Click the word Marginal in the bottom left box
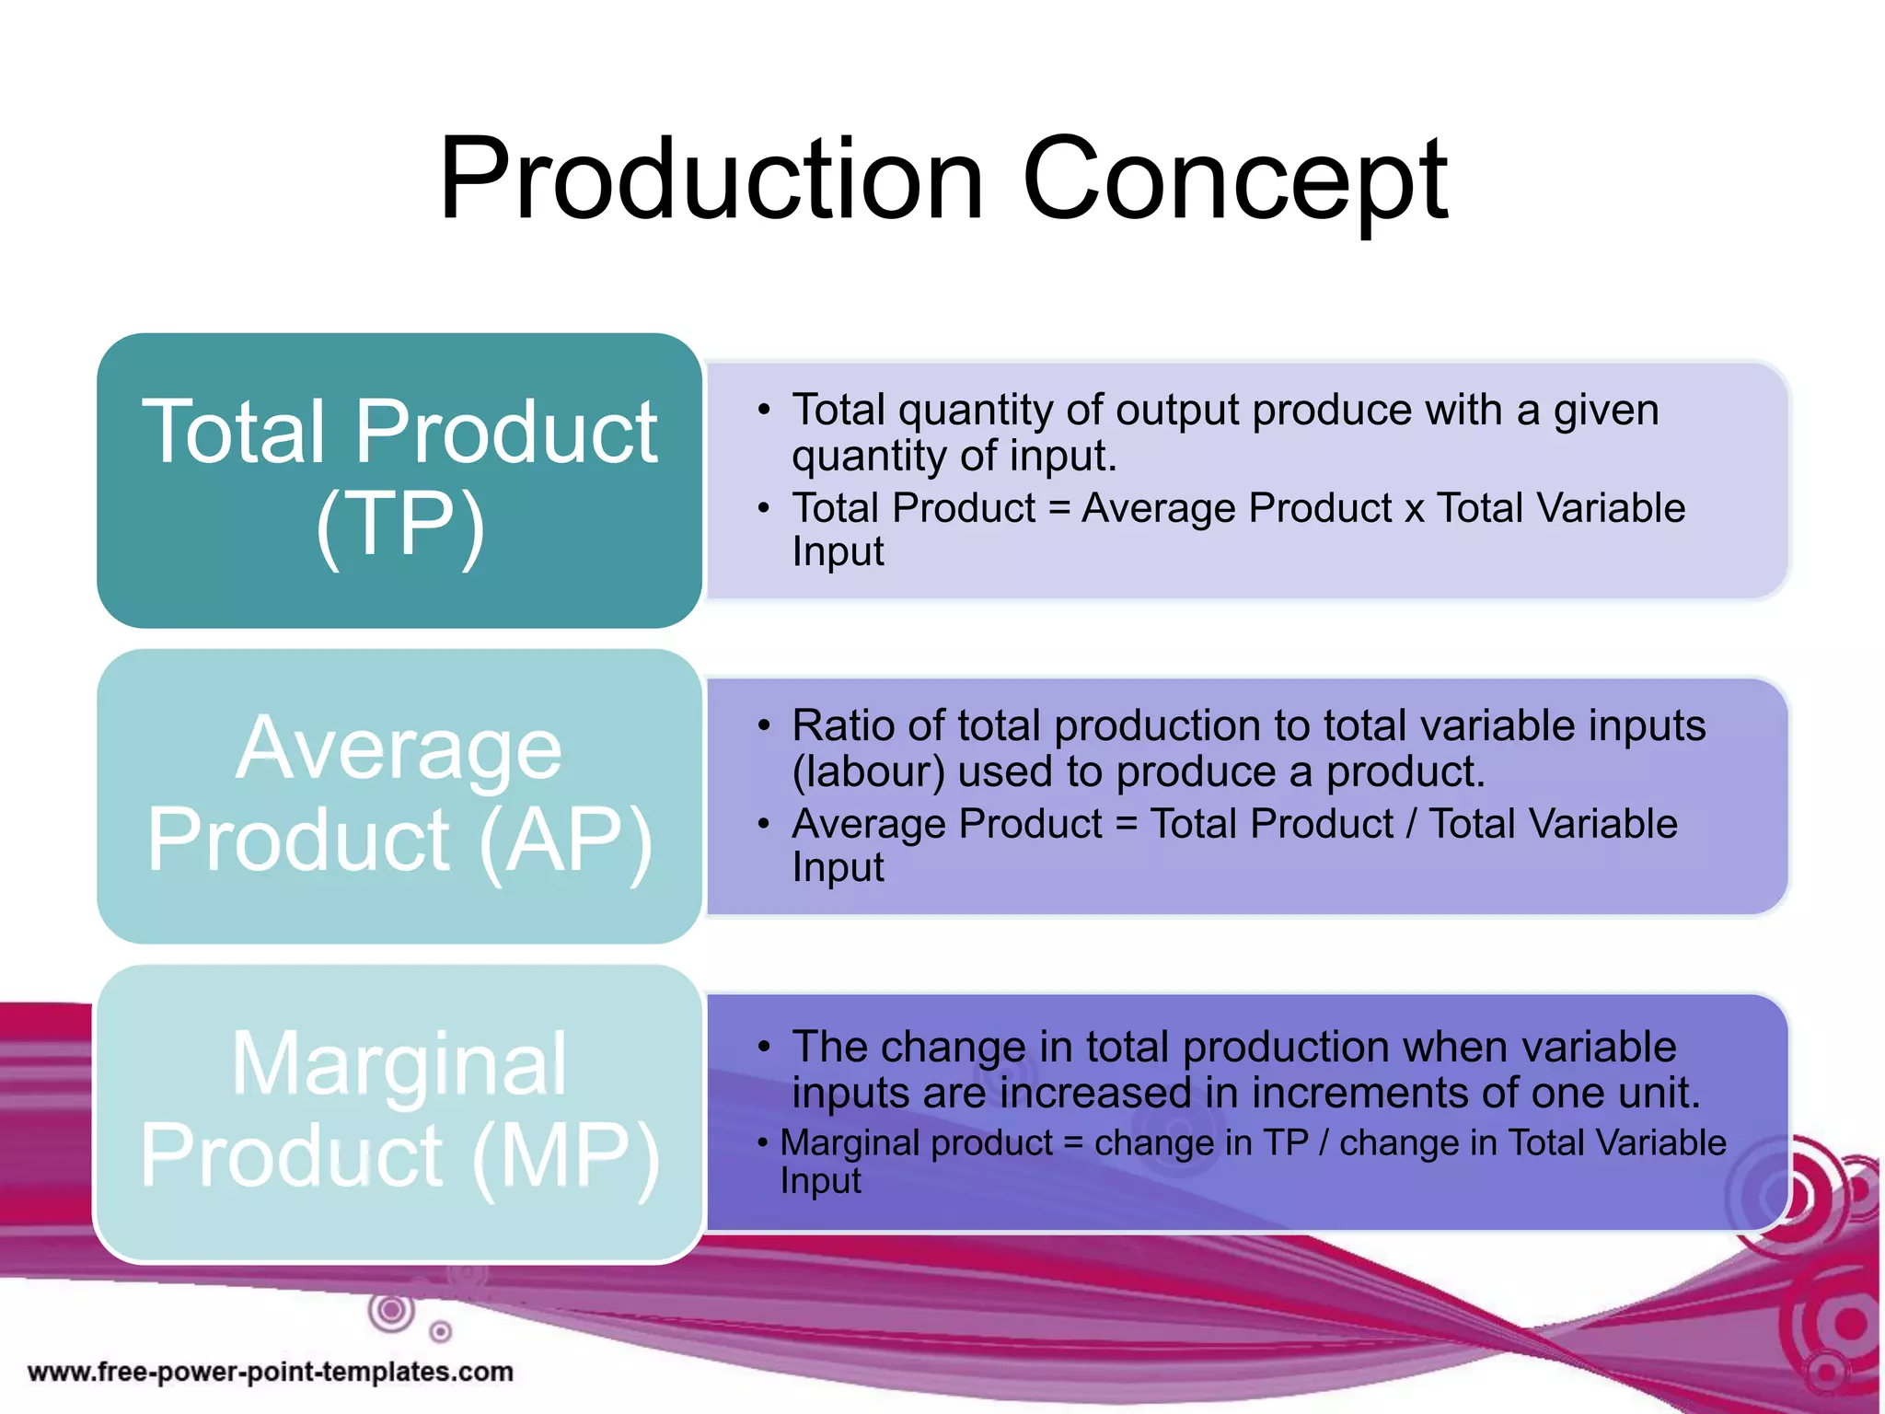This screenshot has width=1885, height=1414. pyautogui.click(x=399, y=1064)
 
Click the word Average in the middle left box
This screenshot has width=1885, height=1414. pyautogui.click(x=399, y=748)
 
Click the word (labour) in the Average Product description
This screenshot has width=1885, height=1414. pyautogui.click(x=868, y=772)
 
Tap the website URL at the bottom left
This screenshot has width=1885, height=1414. pyautogui.click(x=271, y=1372)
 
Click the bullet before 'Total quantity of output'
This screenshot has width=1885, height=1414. pyautogui.click(x=763, y=411)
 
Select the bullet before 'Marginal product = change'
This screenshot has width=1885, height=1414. pyautogui.click(x=762, y=1143)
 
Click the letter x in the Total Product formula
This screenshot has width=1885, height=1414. pyautogui.click(x=1414, y=510)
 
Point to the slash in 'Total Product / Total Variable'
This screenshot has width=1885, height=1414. pyautogui.click(x=1411, y=824)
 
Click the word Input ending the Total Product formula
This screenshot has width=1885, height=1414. pyautogui.click(x=838, y=552)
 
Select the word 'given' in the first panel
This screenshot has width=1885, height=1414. pyautogui.click(x=1606, y=411)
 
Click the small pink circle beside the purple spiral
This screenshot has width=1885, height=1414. pyautogui.click(x=441, y=1331)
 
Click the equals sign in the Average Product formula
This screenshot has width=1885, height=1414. pyautogui.click(x=1126, y=824)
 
